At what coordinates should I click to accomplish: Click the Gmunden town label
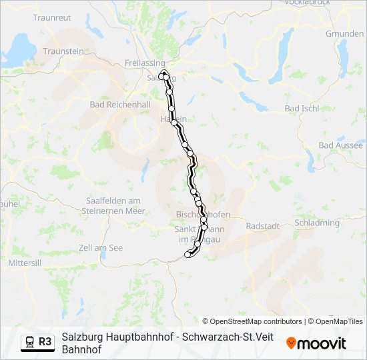pos(344,33)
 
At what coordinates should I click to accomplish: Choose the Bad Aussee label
pos(342,145)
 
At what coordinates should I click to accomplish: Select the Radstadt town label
pos(262,226)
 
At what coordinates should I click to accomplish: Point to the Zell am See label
pos(101,248)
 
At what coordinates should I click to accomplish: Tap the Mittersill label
pos(25,263)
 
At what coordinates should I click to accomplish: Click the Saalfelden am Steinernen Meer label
pos(115,205)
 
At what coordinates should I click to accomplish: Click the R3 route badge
pos(45,341)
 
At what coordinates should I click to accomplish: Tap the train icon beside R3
pos(30,342)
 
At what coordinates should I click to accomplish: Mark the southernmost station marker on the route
pos(188,254)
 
